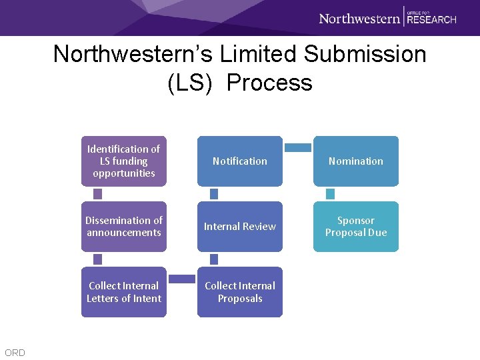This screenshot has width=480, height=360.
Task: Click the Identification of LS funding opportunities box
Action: [124, 161]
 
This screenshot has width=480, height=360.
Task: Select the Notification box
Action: [240, 161]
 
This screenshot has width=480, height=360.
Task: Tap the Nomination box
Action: [356, 161]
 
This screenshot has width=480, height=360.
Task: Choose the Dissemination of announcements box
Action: [124, 226]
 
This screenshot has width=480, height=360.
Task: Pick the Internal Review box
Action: [240, 226]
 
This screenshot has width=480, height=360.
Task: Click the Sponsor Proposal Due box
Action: [356, 226]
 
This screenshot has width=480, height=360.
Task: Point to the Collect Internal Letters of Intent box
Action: [124, 292]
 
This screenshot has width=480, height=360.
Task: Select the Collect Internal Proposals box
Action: [240, 292]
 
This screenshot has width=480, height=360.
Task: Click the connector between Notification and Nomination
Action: [298, 147]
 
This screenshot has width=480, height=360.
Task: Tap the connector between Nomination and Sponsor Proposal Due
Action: [330, 193]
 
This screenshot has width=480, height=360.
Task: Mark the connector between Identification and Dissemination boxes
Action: [98, 193]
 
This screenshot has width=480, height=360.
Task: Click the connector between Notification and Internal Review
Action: [214, 193]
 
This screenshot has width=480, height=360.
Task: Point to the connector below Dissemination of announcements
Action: [98, 259]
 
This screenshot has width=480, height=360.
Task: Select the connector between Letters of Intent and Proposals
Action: [182, 277]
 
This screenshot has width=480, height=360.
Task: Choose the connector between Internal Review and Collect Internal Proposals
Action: [214, 259]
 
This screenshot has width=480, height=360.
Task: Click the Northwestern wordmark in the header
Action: [359, 18]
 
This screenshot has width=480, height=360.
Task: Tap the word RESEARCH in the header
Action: [432, 20]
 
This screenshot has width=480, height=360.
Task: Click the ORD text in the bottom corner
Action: [15, 353]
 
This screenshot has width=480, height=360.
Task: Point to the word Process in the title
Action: [269, 83]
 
